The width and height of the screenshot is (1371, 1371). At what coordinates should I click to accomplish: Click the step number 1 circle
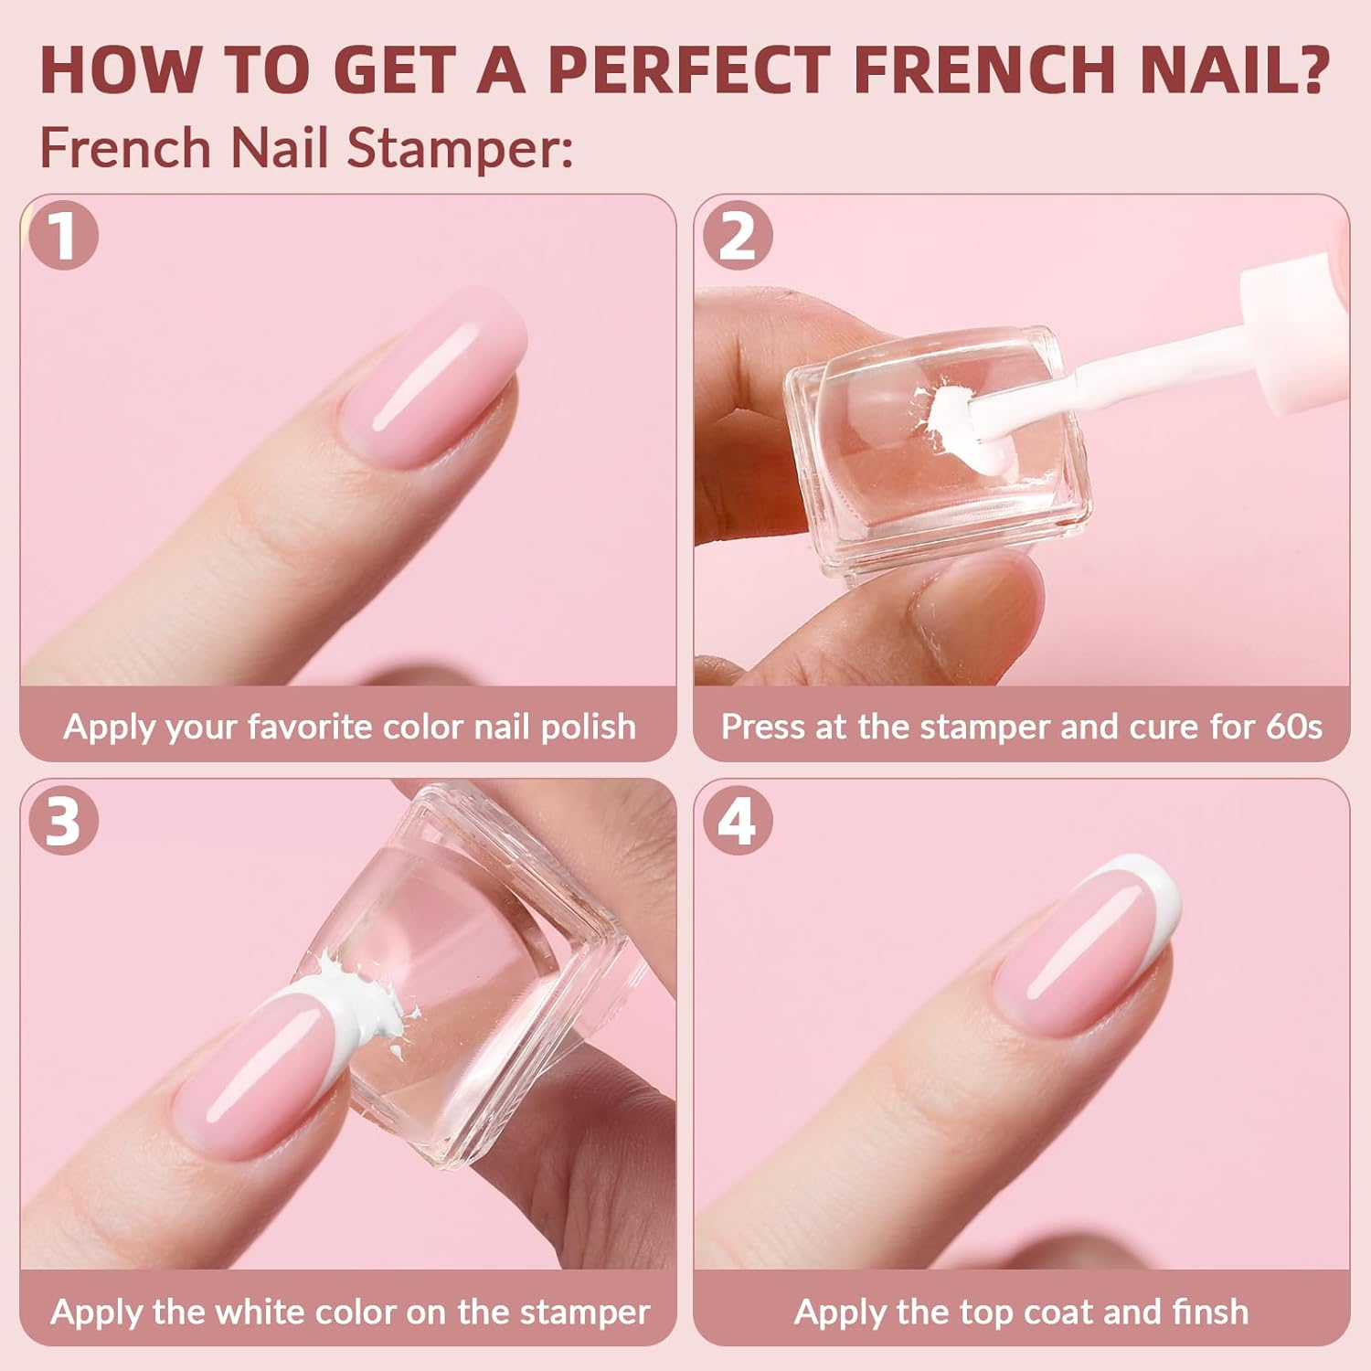pos(63,236)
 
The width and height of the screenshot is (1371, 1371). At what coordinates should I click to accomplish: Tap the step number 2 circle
pos(738,236)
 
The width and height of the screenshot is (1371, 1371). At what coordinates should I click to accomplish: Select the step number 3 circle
pos(63,821)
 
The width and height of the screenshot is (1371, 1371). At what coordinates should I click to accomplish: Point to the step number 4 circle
pos(738,821)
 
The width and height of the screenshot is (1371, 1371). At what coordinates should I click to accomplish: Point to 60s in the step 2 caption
pos(1294,727)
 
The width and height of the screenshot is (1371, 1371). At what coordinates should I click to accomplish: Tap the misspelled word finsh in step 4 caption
pos(1210,1312)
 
